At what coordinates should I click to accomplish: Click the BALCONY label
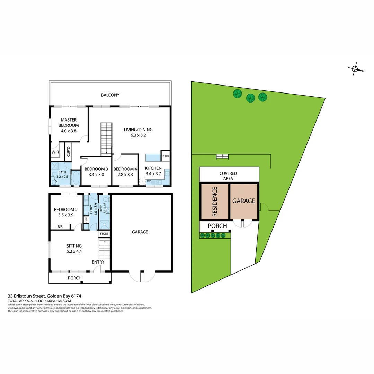[110, 95]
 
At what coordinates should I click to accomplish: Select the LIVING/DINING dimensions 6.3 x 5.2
[138, 135]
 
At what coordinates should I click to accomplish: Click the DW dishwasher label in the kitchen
[149, 181]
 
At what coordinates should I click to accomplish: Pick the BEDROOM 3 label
[96, 169]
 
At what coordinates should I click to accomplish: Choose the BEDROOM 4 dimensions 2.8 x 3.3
[125, 175]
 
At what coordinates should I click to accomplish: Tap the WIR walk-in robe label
[55, 152]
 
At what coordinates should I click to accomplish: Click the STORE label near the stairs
[104, 234]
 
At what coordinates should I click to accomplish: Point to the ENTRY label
[98, 262]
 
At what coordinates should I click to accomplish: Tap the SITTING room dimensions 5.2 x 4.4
[74, 252]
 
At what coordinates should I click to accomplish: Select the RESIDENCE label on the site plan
[215, 202]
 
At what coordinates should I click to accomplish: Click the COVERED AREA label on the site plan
[228, 176]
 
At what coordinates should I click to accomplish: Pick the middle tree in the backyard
[250, 98]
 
